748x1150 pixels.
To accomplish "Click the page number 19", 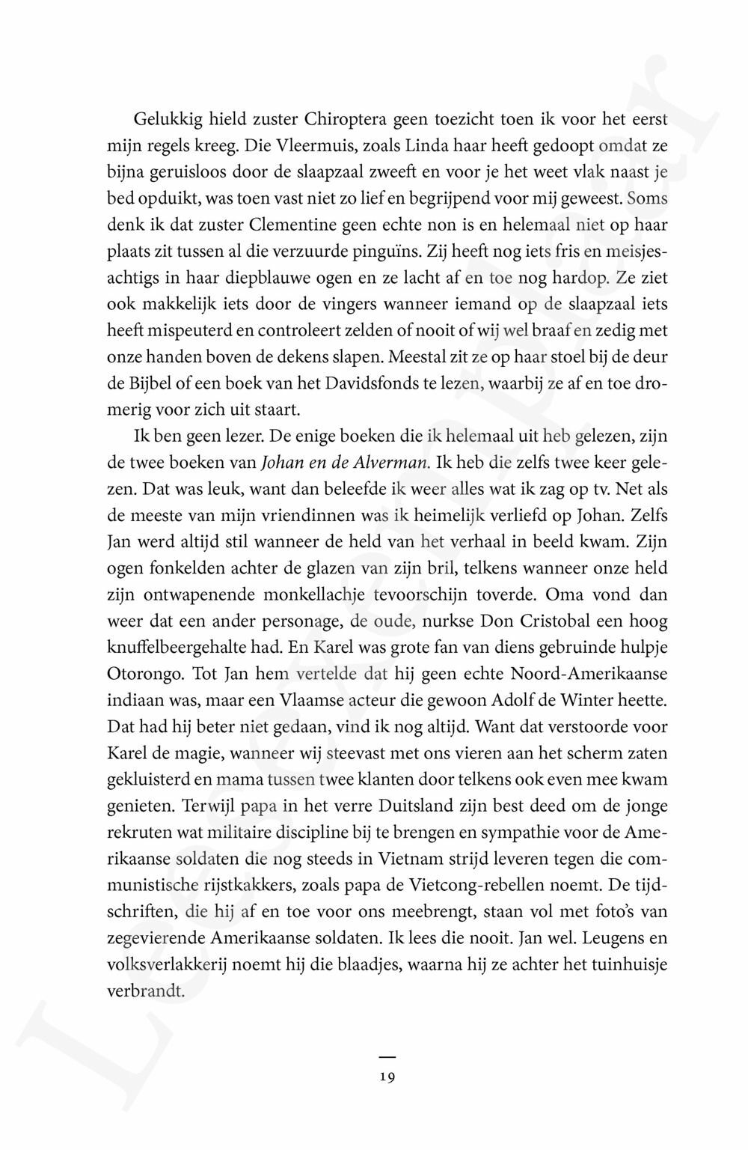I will coord(387,1079).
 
